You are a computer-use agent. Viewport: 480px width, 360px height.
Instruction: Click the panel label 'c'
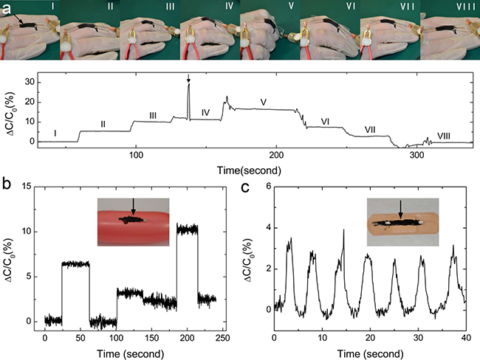coord(247,187)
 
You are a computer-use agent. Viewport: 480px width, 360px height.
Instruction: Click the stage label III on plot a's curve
coord(152,115)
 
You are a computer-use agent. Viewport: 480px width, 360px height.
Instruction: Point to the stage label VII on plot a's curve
coord(370,130)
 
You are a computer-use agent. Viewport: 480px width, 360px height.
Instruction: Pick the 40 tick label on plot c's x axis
coord(464,337)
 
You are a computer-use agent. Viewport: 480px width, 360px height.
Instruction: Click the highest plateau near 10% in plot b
coord(188,229)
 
